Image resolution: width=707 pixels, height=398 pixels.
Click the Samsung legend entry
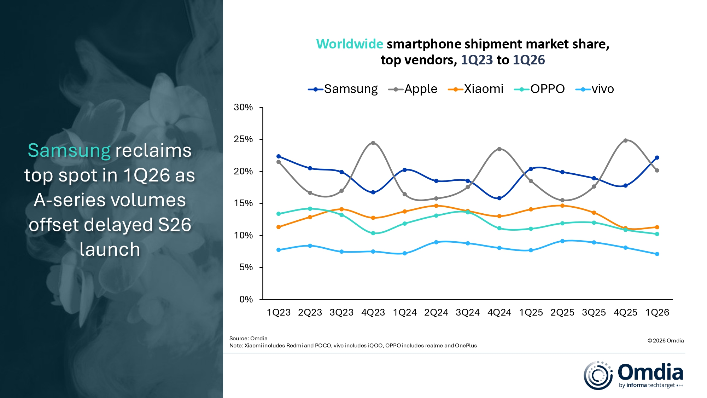(343, 89)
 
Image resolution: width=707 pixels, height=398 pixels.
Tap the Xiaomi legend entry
(476, 89)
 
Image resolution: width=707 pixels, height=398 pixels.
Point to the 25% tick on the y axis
(243, 139)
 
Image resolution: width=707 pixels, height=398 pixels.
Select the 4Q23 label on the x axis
(373, 313)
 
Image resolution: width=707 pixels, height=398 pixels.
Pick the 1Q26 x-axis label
(657, 313)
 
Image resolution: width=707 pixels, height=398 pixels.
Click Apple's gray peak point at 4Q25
(625, 140)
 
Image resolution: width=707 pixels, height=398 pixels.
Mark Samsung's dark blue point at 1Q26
(657, 158)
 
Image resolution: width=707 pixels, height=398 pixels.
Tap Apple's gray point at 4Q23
(373, 143)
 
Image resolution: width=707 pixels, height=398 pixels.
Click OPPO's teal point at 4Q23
(373, 233)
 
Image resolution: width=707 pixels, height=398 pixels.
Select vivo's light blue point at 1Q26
(657, 254)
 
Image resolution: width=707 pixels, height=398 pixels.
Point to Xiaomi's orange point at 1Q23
(279, 227)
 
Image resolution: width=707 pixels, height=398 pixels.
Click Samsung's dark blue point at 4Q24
(499, 198)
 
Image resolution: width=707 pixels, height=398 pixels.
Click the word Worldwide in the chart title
(349, 44)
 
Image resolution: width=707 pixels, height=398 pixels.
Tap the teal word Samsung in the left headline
(69, 151)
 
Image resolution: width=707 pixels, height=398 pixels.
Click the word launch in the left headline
(110, 250)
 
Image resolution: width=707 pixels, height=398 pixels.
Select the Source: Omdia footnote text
(248, 339)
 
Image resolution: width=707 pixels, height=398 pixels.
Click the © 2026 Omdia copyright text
(665, 341)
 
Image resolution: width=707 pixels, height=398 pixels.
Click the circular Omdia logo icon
(598, 375)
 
